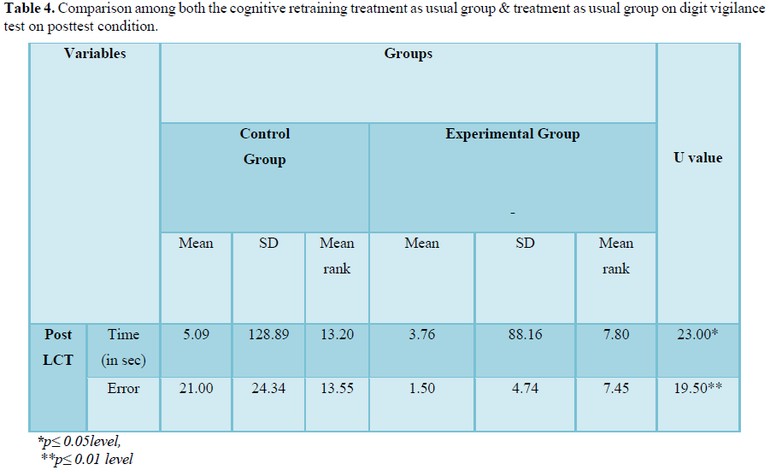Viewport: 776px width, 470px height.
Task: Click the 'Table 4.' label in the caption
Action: click(x=30, y=11)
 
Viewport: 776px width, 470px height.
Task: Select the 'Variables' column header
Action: click(x=95, y=54)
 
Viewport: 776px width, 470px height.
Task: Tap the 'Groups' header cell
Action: click(x=409, y=54)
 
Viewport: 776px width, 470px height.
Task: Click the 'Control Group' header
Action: click(x=265, y=146)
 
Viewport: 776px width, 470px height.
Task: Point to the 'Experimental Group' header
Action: click(x=513, y=134)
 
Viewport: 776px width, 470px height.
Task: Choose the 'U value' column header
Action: click(x=698, y=157)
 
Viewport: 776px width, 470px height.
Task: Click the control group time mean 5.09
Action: click(x=196, y=335)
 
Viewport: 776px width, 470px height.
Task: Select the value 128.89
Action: click(x=268, y=335)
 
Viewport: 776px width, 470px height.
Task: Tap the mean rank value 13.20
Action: click(x=337, y=335)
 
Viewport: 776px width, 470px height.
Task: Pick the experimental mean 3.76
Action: click(x=421, y=335)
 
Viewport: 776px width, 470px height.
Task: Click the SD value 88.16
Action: click(x=525, y=335)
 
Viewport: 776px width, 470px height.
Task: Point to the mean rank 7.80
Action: click(x=615, y=335)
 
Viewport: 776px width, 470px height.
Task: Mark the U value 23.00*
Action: click(x=697, y=335)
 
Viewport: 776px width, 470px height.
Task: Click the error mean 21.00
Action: click(x=196, y=389)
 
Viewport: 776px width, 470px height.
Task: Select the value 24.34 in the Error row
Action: click(x=268, y=389)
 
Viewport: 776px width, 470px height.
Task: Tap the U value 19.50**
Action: click(x=697, y=389)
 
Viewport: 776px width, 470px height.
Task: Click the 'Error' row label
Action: click(x=123, y=389)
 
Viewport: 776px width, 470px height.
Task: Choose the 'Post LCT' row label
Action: click(x=58, y=347)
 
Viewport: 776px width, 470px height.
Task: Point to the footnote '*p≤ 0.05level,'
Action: click(x=80, y=443)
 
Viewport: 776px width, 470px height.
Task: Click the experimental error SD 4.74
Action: click(x=525, y=389)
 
